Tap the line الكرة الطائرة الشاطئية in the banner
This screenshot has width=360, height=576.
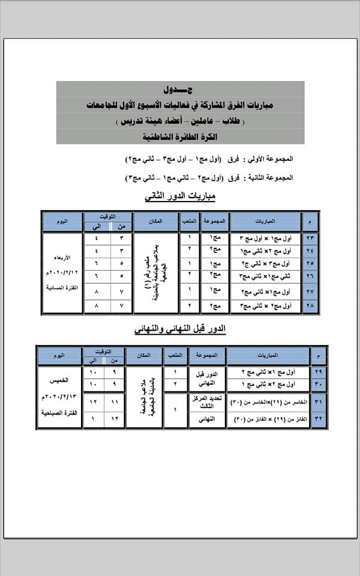(x=180, y=136)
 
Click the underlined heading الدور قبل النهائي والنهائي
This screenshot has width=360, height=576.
(x=179, y=329)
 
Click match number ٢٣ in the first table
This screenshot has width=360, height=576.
(x=310, y=239)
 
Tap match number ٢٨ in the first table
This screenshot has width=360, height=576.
(x=310, y=306)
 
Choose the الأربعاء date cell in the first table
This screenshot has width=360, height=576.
(x=62, y=273)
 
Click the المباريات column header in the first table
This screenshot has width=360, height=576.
(x=265, y=221)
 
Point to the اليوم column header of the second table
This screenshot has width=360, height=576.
(x=59, y=356)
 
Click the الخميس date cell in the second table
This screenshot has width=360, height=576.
(x=59, y=397)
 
